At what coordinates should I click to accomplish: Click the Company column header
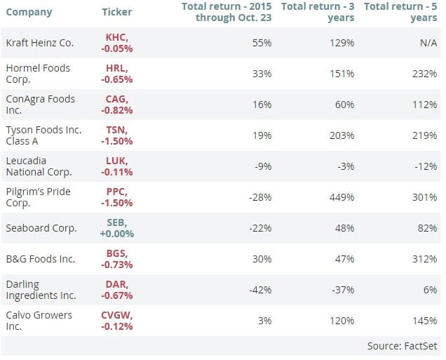click(x=28, y=12)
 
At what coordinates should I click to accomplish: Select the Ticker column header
click(x=116, y=12)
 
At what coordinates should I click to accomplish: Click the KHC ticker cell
click(x=117, y=43)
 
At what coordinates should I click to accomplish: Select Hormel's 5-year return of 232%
click(x=426, y=74)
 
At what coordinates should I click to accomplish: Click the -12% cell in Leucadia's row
click(x=427, y=166)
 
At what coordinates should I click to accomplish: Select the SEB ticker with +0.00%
click(x=117, y=228)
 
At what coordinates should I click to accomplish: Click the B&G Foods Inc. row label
click(x=40, y=259)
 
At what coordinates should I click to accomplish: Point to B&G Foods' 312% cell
click(x=426, y=259)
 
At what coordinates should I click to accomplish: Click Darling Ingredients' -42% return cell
click(x=260, y=290)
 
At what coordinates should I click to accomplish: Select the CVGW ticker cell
click(x=117, y=321)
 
